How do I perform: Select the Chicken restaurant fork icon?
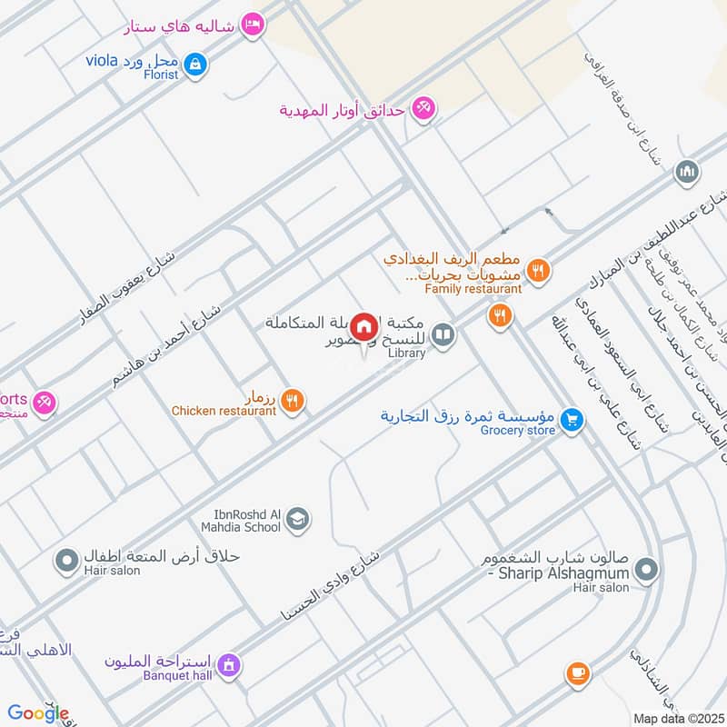(292, 399)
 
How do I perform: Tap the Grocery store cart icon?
(572, 419)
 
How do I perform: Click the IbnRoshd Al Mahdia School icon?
(297, 520)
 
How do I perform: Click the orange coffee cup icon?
(577, 673)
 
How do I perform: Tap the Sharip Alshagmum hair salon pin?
(646, 571)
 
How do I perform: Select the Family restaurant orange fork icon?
(538, 269)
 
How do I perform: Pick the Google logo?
(38, 713)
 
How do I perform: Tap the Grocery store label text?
(517, 430)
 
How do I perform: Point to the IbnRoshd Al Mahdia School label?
(240, 520)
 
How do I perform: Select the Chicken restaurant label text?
(224, 411)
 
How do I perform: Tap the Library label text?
(406, 353)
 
